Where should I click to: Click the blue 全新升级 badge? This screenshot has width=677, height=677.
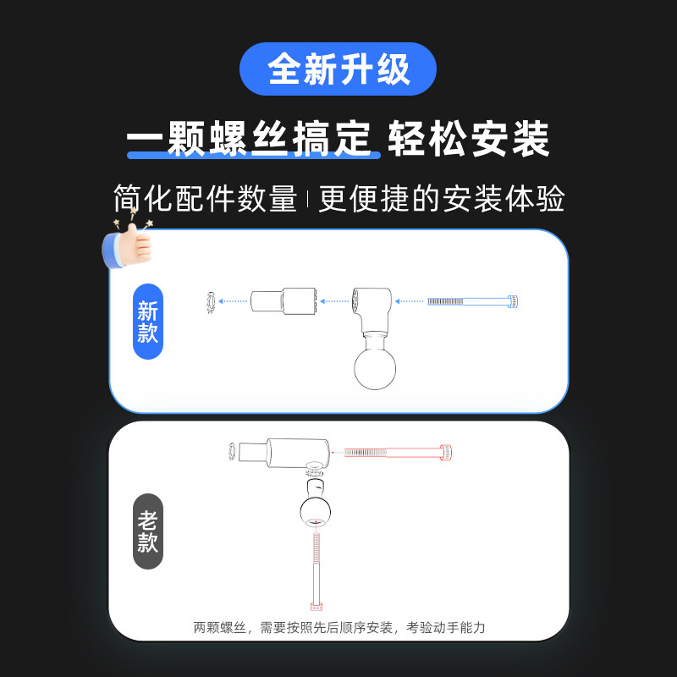(338, 69)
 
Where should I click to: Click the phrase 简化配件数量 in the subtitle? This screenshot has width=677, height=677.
(205, 200)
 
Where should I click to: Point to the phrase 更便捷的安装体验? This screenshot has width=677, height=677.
(441, 200)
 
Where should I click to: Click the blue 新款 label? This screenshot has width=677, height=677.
(148, 322)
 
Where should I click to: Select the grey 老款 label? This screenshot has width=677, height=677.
(148, 531)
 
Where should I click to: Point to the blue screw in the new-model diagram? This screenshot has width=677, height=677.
(472, 300)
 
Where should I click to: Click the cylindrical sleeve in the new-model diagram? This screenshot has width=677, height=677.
(283, 300)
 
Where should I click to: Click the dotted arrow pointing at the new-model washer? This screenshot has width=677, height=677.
(232, 300)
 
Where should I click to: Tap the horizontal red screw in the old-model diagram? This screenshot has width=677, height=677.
(398, 452)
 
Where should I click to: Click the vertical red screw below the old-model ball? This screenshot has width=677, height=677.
(317, 567)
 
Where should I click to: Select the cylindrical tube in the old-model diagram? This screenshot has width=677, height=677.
(283, 452)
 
